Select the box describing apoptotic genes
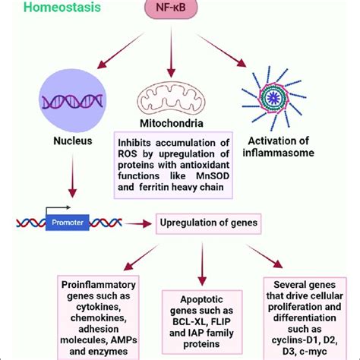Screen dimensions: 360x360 (x=201, y=321)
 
